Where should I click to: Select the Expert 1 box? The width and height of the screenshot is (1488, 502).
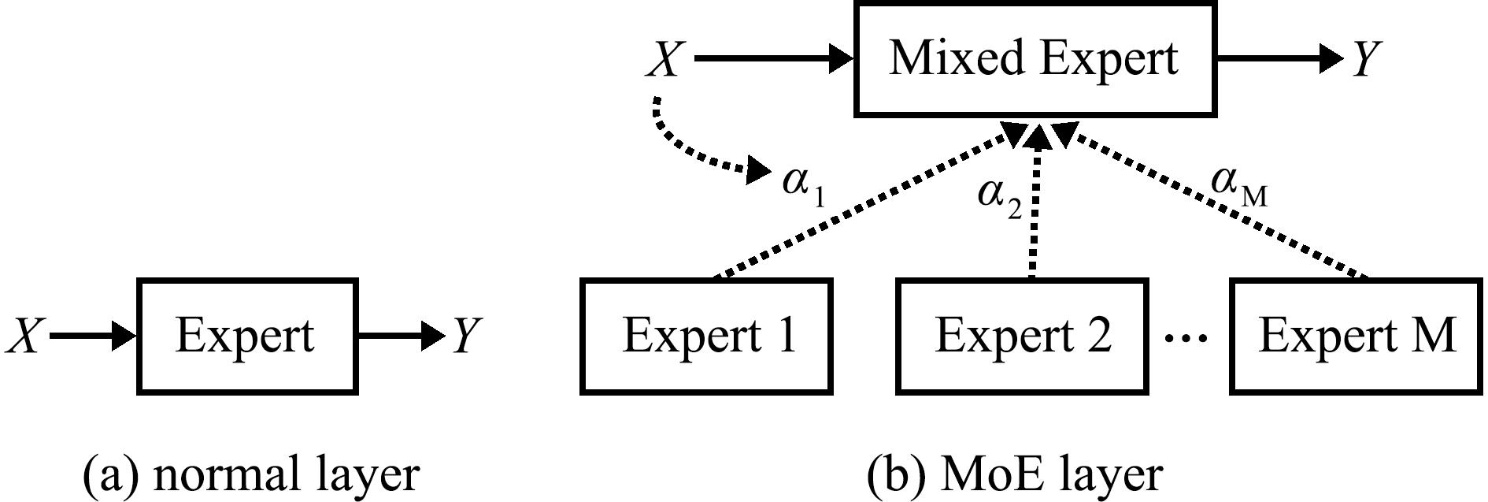706,336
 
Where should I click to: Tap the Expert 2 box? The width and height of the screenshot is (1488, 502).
1021,336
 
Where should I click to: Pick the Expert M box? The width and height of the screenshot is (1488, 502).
1357,336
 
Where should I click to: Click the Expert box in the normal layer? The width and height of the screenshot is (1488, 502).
247,336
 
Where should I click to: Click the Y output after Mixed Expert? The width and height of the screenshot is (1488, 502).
1368,59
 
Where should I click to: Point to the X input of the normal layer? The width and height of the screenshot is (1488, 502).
23,337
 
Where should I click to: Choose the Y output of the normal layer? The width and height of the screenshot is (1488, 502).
465,337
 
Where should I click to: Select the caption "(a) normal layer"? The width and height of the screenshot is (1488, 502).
251,474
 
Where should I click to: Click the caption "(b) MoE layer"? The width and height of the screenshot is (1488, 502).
1015,474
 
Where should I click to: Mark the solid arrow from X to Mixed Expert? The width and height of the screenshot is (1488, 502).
775,58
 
